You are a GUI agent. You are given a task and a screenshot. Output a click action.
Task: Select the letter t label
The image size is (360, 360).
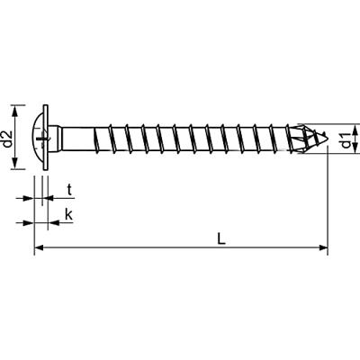(x=70, y=191)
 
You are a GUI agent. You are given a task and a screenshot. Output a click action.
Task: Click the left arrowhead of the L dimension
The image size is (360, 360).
(x=39, y=247)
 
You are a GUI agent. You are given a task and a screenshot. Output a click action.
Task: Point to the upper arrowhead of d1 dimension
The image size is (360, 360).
(x=355, y=129)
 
